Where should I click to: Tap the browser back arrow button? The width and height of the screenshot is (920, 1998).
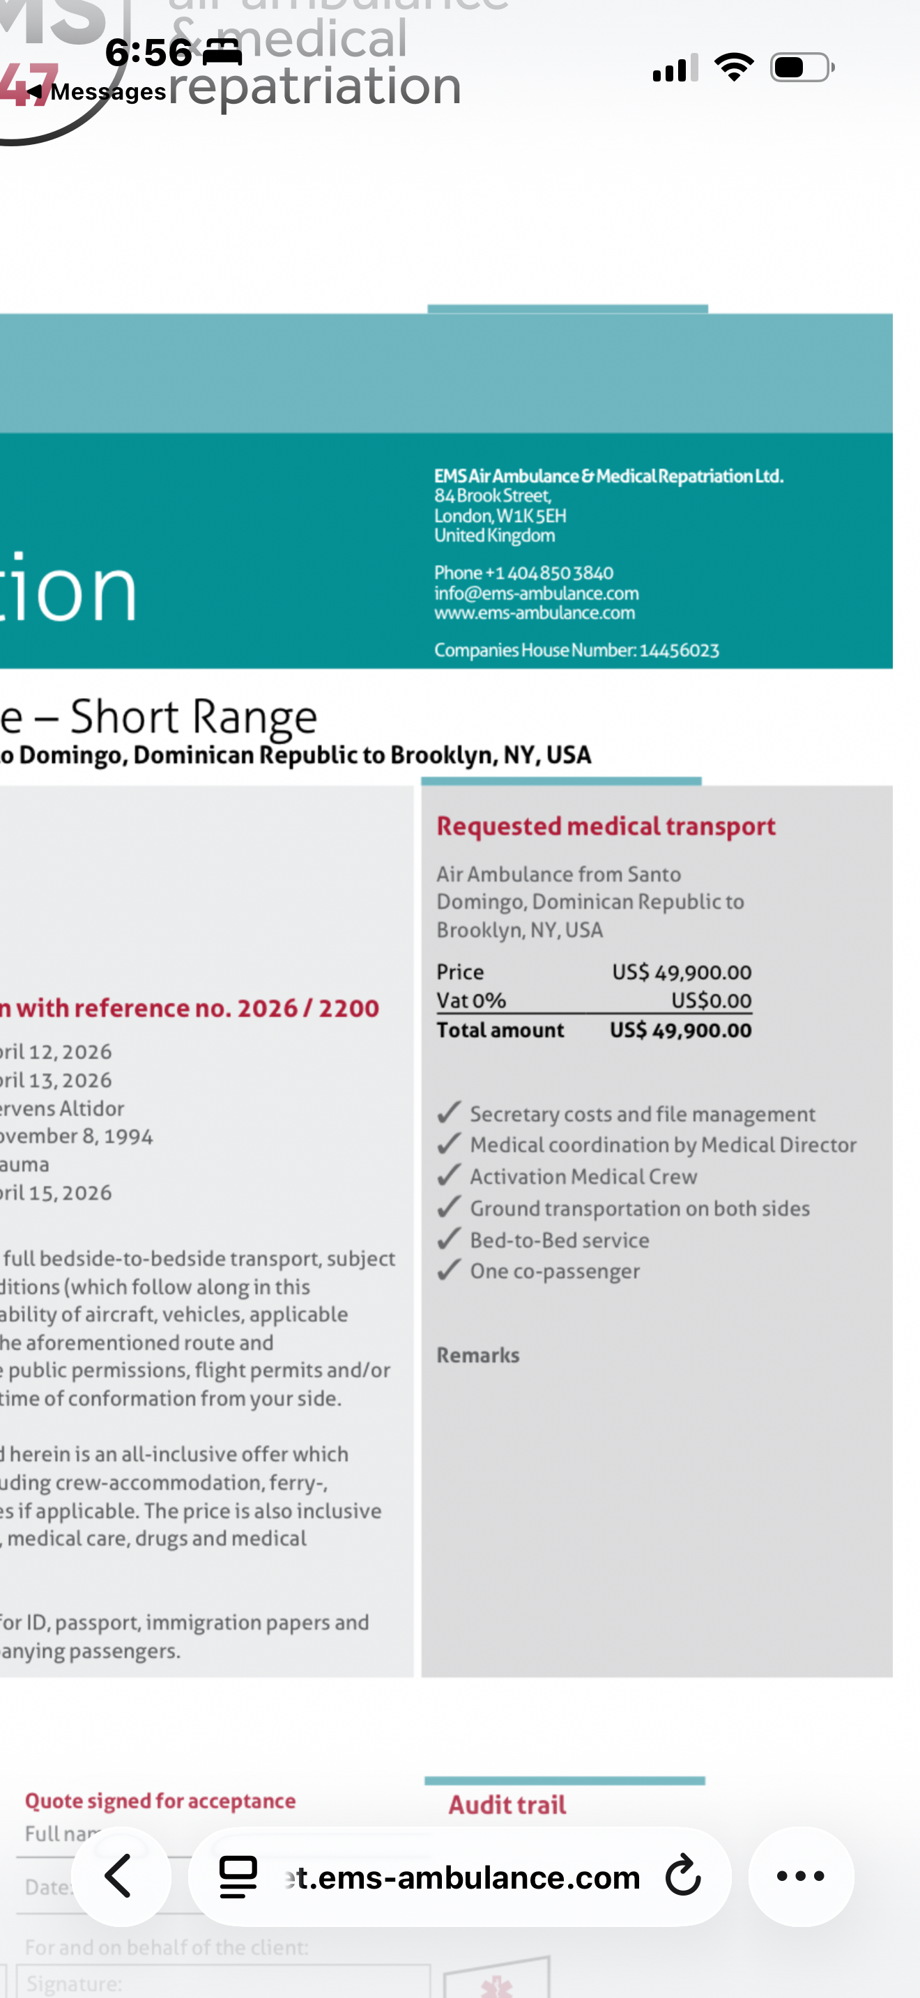[x=121, y=1876]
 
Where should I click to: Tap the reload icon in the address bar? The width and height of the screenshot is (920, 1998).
[x=682, y=1876]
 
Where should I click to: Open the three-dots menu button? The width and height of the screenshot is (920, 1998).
[x=801, y=1876]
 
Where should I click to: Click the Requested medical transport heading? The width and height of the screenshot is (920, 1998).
[x=606, y=827]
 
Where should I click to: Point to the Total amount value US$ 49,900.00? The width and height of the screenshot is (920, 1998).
[x=680, y=1031]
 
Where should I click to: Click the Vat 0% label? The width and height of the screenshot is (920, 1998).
[x=471, y=1000]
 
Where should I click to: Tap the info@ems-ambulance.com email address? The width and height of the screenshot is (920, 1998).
[x=536, y=594]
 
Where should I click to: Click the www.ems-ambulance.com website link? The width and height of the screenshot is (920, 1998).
[x=535, y=613]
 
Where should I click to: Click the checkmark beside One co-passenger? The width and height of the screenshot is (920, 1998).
[x=449, y=1270]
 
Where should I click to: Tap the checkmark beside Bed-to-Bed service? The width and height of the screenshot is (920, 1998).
[x=449, y=1239]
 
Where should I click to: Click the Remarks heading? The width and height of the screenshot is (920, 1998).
[x=478, y=1355]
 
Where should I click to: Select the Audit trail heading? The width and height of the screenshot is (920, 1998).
[x=507, y=1805]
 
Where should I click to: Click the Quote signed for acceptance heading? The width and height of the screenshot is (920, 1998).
[x=160, y=1801]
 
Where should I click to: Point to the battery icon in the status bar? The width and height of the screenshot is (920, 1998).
[x=802, y=68]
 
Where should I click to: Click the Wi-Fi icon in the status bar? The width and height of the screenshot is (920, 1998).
[x=733, y=68]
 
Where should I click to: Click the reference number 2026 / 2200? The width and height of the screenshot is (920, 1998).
[x=308, y=1008]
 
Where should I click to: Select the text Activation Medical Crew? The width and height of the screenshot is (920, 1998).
[x=583, y=1177]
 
